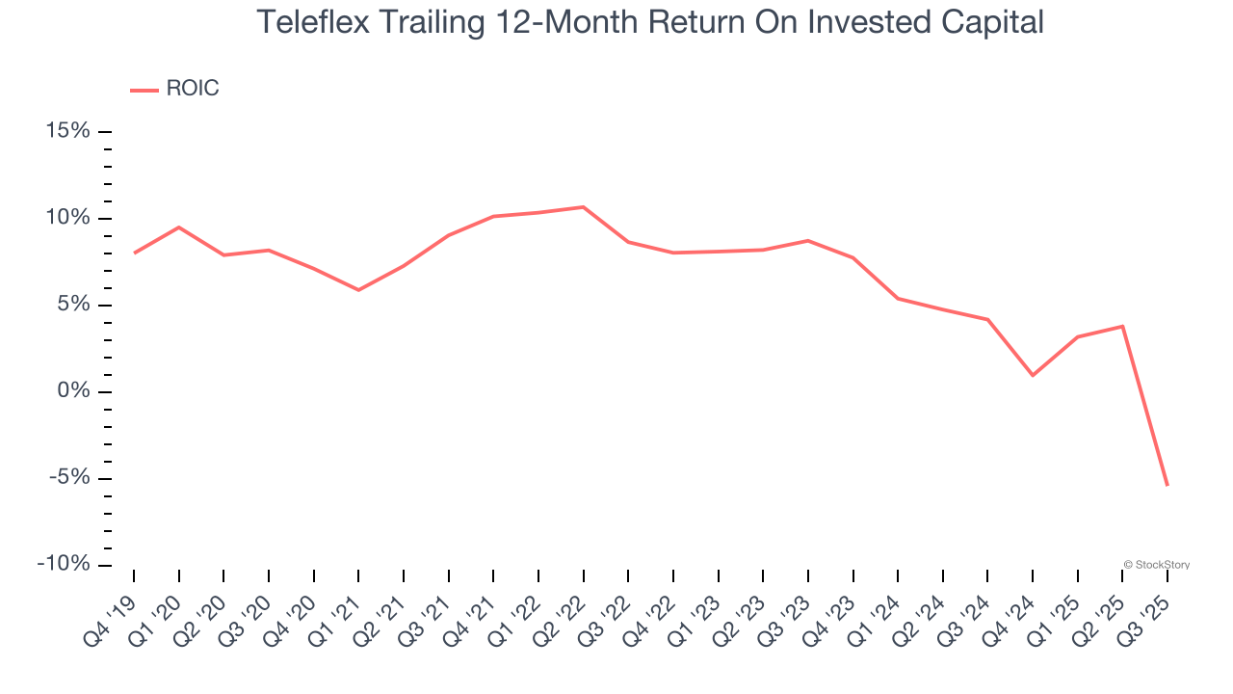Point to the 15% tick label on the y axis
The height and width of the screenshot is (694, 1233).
tap(68, 131)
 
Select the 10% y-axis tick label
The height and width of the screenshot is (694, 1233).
tap(68, 218)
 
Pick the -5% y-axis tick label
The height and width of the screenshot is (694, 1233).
tap(69, 478)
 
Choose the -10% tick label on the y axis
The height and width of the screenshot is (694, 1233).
tap(65, 564)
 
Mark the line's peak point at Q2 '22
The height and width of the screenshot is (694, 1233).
tap(583, 207)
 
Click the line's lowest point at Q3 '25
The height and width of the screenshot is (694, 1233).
tap(1167, 485)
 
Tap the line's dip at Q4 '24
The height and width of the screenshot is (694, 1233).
tap(1033, 375)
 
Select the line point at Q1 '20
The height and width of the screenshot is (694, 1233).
tap(179, 227)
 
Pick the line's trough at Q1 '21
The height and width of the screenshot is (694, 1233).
tap(358, 290)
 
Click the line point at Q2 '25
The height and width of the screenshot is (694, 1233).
tap(1122, 326)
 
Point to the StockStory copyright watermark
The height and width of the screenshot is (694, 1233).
tap(1156, 565)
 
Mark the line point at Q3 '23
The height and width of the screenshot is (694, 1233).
tap(808, 240)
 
